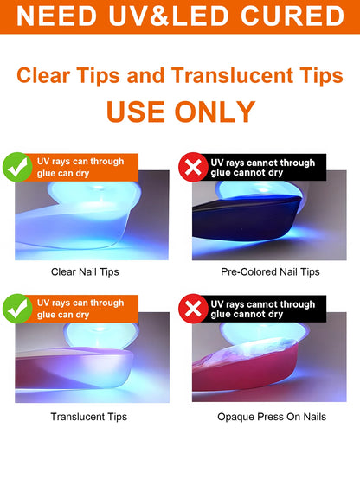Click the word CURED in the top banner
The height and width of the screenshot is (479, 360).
click(292, 16)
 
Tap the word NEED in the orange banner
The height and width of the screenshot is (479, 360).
click(56, 16)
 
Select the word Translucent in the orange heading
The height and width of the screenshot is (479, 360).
click(232, 76)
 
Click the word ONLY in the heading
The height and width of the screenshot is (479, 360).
click(215, 112)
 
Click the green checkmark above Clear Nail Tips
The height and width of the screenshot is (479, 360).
click(17, 167)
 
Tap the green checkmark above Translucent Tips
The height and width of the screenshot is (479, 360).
click(17, 309)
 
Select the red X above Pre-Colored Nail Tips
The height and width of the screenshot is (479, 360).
click(193, 167)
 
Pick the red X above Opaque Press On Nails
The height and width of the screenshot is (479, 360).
click(193, 309)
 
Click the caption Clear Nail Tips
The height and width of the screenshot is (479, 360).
click(85, 271)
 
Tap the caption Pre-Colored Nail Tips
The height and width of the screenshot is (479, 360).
click(270, 271)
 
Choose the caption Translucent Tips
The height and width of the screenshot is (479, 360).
click(88, 417)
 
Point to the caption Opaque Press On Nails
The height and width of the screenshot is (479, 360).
click(272, 417)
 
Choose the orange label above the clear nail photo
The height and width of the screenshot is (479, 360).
click(81, 168)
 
